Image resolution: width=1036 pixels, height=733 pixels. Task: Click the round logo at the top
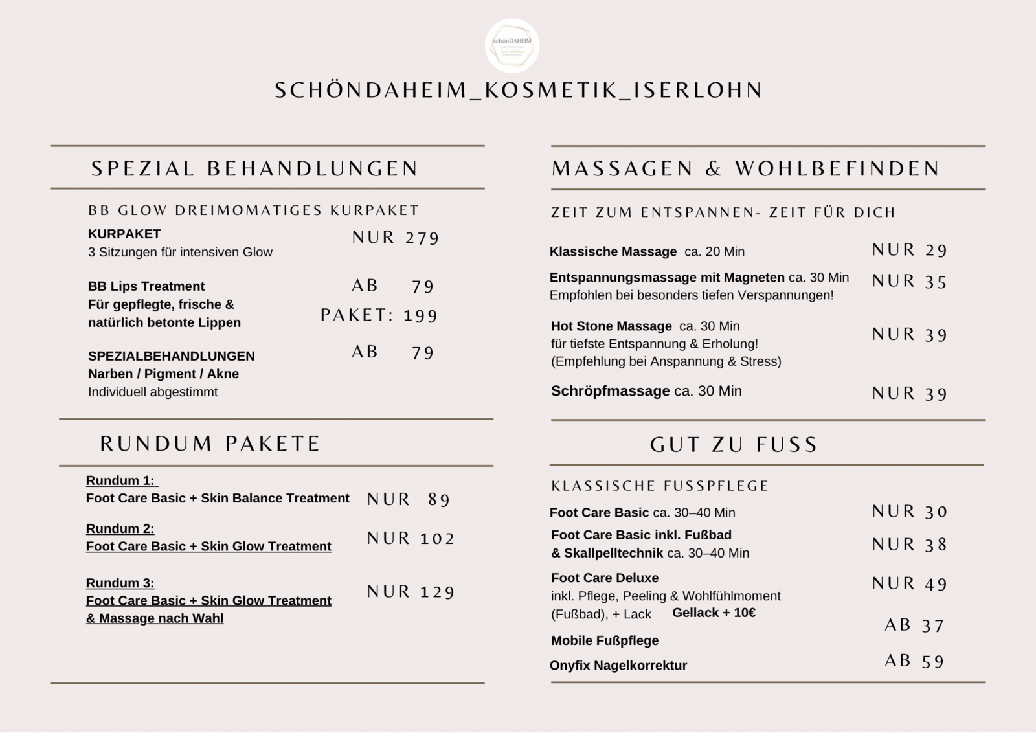(x=512, y=45)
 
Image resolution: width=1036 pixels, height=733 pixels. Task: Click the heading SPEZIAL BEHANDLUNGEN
(x=254, y=168)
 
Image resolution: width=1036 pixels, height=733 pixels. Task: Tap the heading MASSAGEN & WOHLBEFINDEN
(x=745, y=168)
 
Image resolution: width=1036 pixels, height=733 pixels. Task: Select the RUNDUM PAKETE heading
(x=210, y=444)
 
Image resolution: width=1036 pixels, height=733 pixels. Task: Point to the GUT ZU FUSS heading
(x=734, y=444)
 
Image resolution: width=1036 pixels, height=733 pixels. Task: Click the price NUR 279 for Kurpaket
(x=396, y=238)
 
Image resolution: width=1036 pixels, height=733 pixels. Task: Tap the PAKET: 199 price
(x=379, y=315)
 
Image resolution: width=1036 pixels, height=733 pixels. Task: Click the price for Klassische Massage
(x=910, y=250)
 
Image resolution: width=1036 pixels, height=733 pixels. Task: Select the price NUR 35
(x=910, y=282)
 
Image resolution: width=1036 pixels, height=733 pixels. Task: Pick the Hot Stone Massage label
(x=611, y=326)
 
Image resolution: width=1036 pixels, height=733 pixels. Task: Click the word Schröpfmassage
(x=610, y=391)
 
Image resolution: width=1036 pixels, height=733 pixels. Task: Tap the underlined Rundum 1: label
(x=121, y=480)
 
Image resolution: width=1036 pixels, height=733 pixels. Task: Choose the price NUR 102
(x=411, y=538)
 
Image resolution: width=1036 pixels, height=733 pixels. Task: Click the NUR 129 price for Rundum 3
(x=411, y=592)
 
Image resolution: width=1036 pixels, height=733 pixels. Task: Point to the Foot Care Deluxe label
(x=605, y=578)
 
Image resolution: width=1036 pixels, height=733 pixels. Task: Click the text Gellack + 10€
(x=714, y=613)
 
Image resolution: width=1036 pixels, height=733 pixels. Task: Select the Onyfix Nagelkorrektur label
(x=618, y=666)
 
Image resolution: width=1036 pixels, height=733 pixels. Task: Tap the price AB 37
(x=914, y=626)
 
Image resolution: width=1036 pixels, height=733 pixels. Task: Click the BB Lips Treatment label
(x=146, y=286)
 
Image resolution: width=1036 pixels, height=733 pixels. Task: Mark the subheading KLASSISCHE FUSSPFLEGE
(x=660, y=486)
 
